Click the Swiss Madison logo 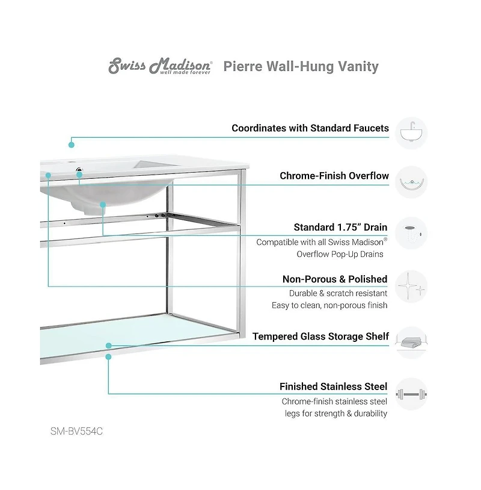tap(160, 66)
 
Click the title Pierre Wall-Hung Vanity tap(301, 66)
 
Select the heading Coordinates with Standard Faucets tap(310, 128)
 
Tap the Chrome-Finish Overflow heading tap(334, 176)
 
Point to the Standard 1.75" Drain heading tap(340, 228)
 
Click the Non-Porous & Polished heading tap(335, 279)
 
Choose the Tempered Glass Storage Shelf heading tap(320, 336)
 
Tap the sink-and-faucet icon tap(412, 133)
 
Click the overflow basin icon tap(412, 182)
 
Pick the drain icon tap(412, 234)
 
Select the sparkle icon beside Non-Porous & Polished tap(412, 285)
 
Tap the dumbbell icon tap(412, 394)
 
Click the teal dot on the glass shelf tap(109, 346)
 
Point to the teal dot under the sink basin tap(103, 205)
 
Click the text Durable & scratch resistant tap(338, 293)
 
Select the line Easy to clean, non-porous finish tap(329, 305)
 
